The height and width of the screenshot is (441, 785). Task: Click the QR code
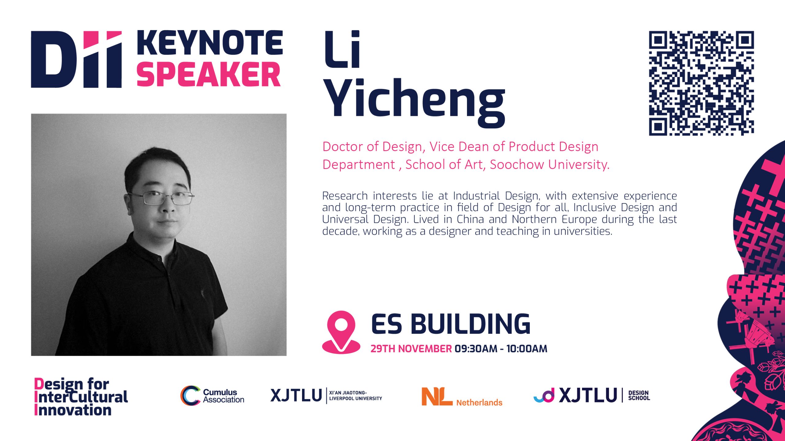tap(701, 83)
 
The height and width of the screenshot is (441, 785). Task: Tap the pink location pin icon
tap(341, 333)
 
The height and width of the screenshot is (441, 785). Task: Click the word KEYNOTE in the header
tap(210, 43)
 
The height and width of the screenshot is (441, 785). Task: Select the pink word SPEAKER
tap(209, 74)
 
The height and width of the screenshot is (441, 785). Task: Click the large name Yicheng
tap(414, 102)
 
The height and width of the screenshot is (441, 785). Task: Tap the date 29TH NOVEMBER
tap(411, 349)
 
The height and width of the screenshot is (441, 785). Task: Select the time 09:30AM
tap(476, 349)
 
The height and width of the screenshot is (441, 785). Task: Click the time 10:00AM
tap(527, 349)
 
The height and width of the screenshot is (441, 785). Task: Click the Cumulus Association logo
tap(212, 396)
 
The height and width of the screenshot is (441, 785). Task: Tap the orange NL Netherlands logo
tap(462, 397)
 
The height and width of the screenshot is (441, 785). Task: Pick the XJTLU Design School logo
tap(592, 395)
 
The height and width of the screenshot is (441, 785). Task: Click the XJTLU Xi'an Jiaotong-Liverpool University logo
tap(326, 395)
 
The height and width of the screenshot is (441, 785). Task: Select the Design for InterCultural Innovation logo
tap(81, 397)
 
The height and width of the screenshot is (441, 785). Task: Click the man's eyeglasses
tap(161, 198)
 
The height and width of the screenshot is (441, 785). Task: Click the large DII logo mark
tap(76, 59)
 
